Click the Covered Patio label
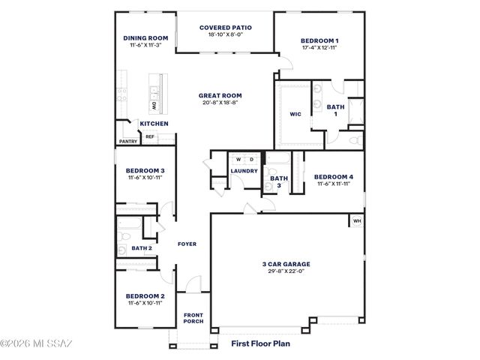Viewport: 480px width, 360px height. pos(225,28)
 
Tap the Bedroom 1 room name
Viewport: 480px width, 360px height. pos(319,40)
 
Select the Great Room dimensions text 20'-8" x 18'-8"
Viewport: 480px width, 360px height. pos(220,103)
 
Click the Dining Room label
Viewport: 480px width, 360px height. pos(145,37)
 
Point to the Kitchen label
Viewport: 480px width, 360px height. pos(154,123)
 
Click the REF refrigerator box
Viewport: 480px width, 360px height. pos(150,136)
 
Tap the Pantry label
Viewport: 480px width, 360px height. pos(127,141)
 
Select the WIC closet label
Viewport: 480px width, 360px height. pos(295,115)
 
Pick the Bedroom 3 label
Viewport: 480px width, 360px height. pos(145,171)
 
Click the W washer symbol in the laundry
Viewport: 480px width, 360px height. pos(238,159)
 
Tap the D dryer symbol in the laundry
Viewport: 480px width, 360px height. pos(251,159)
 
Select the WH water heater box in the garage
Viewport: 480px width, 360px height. pos(356,221)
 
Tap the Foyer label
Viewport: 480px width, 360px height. pos(187,244)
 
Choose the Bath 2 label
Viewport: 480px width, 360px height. pos(142,247)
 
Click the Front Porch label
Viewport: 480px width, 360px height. pos(193,317)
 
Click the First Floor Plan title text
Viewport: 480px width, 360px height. pos(259,344)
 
